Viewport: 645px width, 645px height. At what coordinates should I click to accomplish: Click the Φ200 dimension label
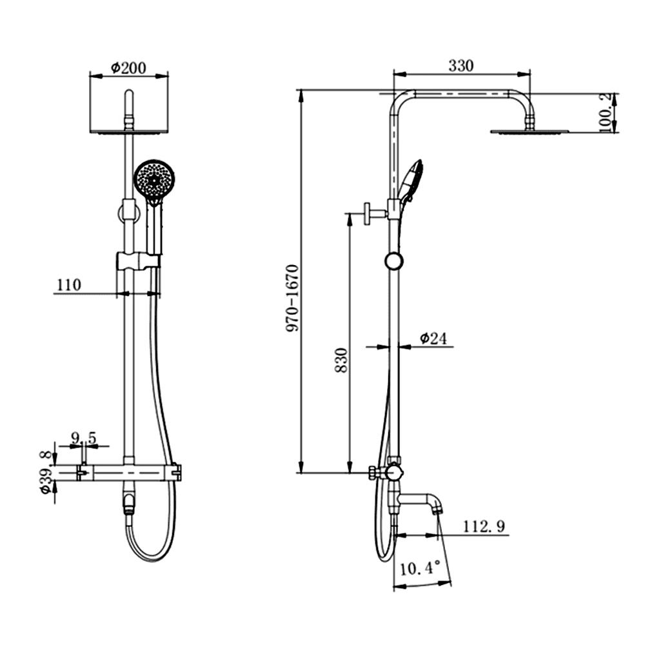click(x=128, y=67)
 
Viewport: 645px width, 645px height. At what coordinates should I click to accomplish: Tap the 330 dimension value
click(x=461, y=65)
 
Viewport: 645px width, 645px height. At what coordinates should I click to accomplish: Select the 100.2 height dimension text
click(x=606, y=112)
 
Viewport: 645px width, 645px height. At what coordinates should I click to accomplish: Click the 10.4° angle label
click(x=420, y=569)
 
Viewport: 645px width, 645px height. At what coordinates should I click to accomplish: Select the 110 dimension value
click(x=68, y=285)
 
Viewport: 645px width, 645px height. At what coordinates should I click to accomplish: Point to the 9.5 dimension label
click(x=83, y=439)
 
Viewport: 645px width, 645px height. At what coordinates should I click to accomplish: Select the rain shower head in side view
click(x=530, y=132)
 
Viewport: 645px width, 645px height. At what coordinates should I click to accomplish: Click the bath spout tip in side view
click(x=438, y=509)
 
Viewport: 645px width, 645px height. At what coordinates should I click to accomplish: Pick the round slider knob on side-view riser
click(x=393, y=261)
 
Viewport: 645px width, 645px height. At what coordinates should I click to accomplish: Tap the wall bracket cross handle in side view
click(x=367, y=213)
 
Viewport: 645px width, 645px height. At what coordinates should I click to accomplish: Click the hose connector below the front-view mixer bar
click(x=129, y=502)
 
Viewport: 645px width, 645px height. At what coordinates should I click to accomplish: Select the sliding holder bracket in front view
click(x=137, y=261)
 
